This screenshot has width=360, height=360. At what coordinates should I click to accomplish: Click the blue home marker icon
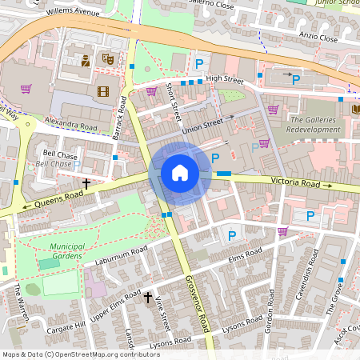180,173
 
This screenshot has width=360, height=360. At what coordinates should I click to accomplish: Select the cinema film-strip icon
102,91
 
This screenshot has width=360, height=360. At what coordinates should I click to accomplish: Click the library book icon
356,108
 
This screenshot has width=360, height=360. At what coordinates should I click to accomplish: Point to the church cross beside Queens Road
86,184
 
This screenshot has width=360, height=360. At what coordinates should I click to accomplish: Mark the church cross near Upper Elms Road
147,298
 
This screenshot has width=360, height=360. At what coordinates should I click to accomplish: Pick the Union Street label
202,124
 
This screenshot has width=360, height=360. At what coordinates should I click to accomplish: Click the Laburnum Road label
118,256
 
